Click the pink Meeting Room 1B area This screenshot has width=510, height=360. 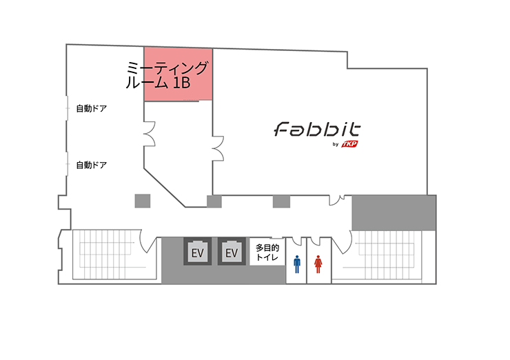[x=178, y=74]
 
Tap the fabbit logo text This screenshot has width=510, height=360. [x=318, y=130]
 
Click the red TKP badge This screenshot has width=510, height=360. [x=356, y=143]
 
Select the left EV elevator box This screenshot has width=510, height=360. [x=197, y=253]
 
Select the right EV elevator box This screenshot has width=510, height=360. [x=231, y=253]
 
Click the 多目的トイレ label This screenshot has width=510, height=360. [x=267, y=252]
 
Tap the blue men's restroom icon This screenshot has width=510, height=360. [x=297, y=263]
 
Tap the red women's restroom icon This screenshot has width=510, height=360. [x=318, y=263]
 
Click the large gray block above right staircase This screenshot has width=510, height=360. [x=394, y=212]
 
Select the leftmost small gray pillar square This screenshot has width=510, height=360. [x=142, y=201]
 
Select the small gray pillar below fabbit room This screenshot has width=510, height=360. [x=280, y=201]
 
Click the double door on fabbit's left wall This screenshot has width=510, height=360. [x=218, y=148]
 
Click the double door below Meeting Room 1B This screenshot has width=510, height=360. [x=149, y=132]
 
